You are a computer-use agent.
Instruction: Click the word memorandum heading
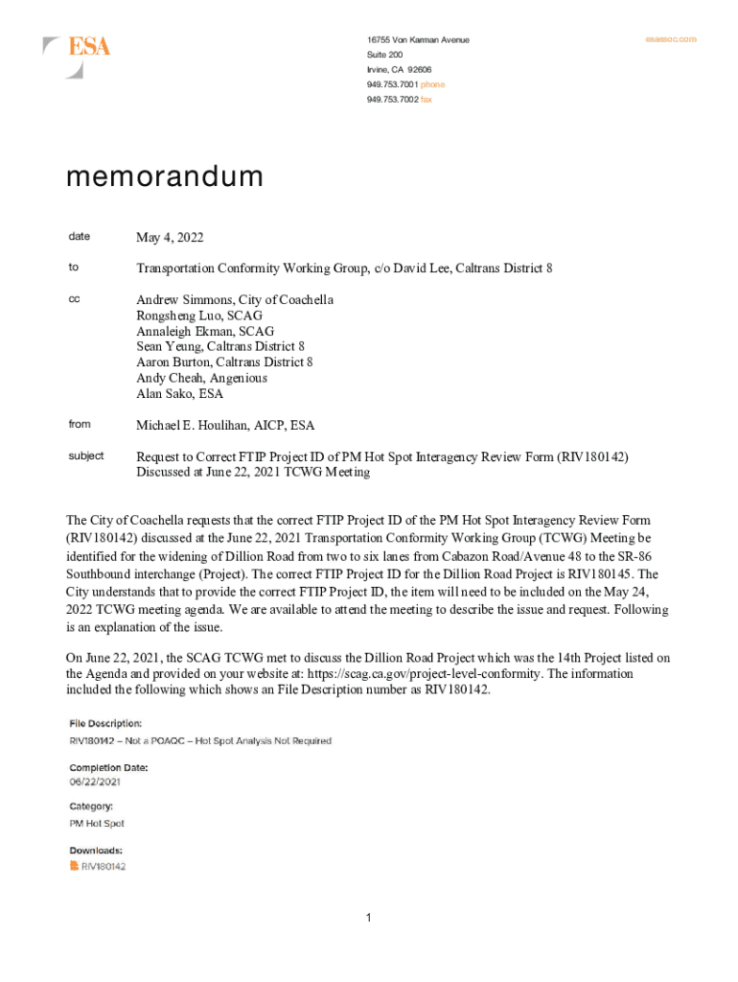(x=164, y=178)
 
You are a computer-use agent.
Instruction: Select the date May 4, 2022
(x=170, y=238)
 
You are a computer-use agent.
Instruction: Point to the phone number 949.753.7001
(x=392, y=84)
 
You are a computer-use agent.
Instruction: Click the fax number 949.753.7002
(x=392, y=100)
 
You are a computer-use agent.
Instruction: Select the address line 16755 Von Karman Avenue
(x=418, y=40)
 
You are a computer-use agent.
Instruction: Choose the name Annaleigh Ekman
(x=179, y=331)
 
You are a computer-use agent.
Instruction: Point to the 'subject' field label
(x=85, y=456)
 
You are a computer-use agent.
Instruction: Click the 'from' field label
(x=79, y=424)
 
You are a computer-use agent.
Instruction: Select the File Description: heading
(x=105, y=722)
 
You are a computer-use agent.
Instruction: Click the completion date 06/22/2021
(x=95, y=783)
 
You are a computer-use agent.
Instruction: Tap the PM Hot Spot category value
(x=96, y=824)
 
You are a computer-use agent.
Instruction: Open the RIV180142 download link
(x=104, y=866)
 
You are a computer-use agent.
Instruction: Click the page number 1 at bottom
(x=368, y=919)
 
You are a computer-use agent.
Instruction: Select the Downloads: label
(x=95, y=851)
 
